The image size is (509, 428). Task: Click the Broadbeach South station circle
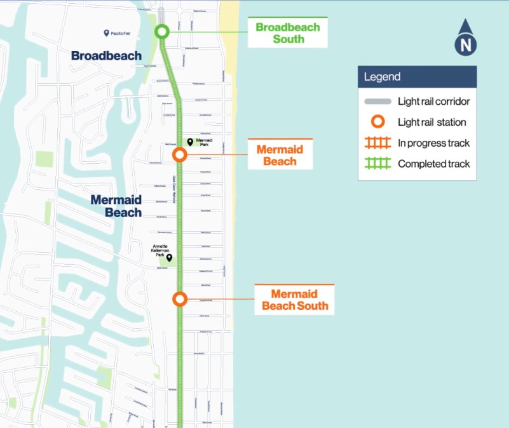click(x=161, y=32)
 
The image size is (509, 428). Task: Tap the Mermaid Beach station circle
click(x=180, y=154)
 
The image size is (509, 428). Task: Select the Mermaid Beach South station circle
click(x=180, y=299)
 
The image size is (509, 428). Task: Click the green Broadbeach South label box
click(x=287, y=33)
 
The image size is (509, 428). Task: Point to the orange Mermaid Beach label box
click(x=280, y=155)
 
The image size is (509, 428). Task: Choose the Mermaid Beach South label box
click(x=295, y=300)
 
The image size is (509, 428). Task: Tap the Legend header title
click(x=383, y=77)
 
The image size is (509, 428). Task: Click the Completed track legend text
click(x=433, y=164)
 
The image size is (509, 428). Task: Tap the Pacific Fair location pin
click(x=106, y=33)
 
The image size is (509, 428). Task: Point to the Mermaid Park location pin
click(x=190, y=142)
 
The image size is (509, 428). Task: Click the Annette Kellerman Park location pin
click(x=169, y=258)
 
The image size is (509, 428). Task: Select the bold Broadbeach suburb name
click(x=106, y=56)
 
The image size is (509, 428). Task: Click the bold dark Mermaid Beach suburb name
click(x=116, y=206)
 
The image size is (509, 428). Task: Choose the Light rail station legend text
click(x=431, y=123)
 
